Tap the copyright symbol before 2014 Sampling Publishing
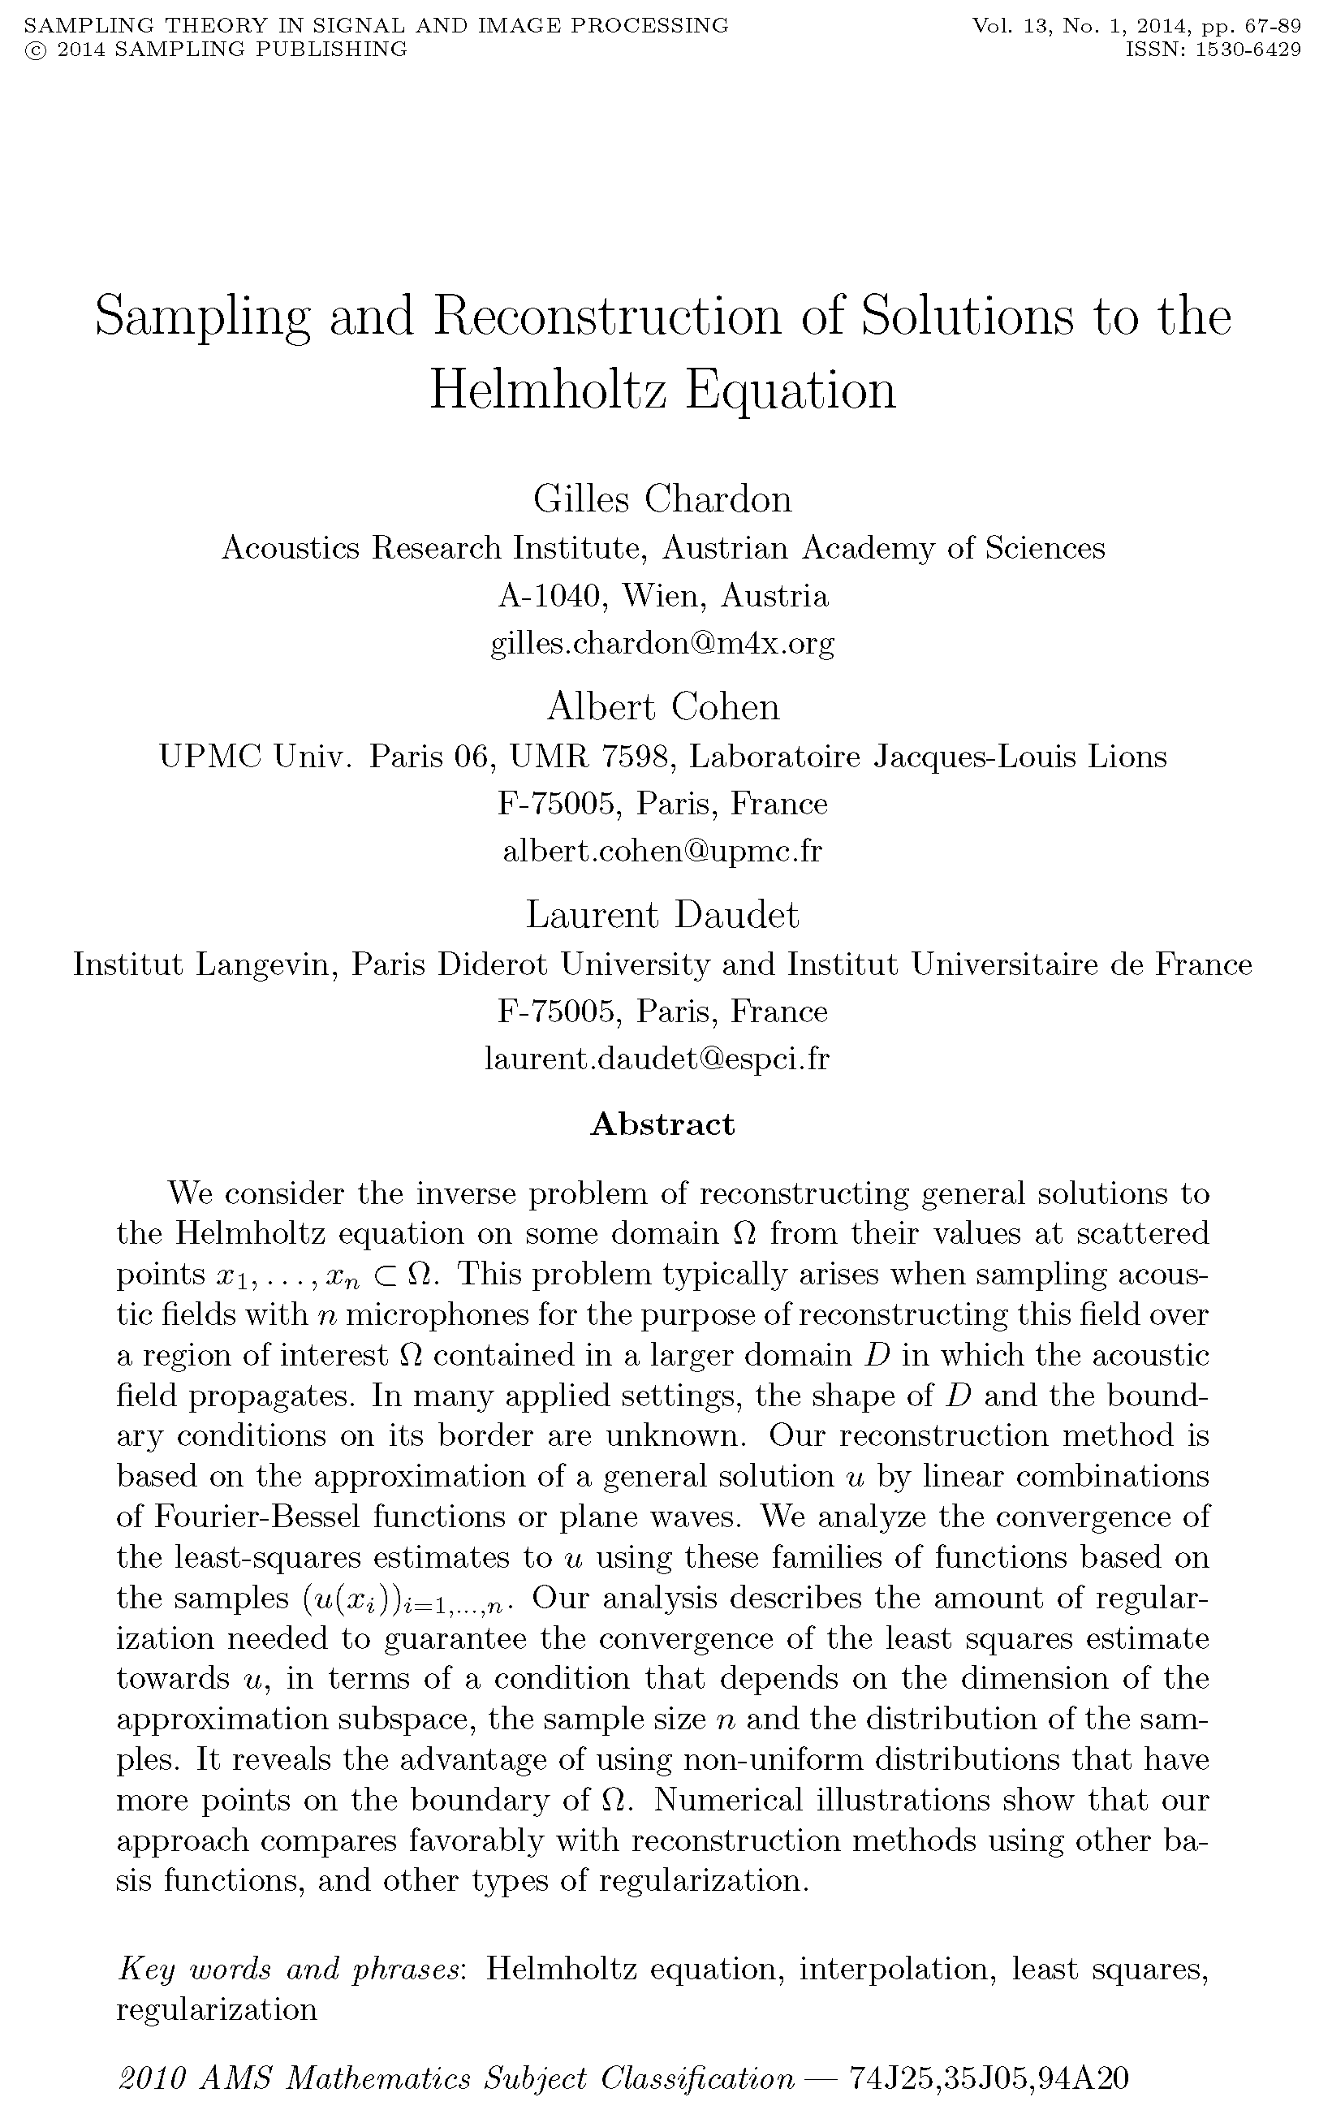point(36,50)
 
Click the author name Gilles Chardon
point(662,498)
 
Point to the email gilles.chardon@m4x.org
point(662,643)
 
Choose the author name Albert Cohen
point(662,706)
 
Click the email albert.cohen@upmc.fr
point(662,851)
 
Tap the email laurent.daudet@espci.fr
point(657,1058)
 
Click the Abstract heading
point(662,1124)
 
